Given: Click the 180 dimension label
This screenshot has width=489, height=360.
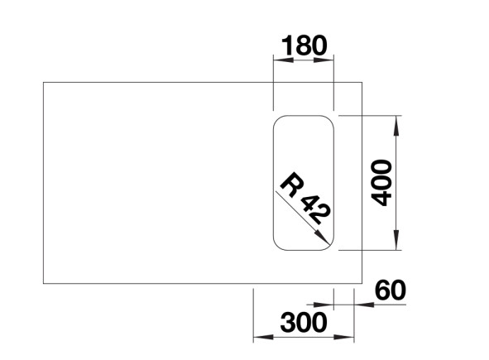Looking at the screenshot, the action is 304,46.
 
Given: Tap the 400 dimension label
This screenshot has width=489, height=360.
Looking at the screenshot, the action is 381,183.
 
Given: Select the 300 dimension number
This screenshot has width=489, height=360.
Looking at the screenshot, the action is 304,322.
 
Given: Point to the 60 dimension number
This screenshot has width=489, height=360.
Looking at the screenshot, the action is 391,290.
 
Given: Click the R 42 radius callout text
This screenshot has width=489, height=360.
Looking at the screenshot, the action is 304,199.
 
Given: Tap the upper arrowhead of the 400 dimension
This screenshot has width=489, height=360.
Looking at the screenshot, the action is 396,126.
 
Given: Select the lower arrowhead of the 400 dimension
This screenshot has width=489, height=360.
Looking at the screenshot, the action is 396,240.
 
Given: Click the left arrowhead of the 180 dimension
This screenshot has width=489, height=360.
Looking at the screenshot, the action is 284,60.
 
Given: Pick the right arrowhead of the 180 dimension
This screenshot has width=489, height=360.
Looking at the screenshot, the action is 324,60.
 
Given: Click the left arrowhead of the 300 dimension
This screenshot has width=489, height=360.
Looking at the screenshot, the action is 263,337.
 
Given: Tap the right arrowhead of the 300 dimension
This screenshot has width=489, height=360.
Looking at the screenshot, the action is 344,337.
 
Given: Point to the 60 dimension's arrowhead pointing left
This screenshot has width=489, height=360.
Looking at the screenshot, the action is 364,305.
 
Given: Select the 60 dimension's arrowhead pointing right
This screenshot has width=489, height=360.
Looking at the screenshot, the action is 324,305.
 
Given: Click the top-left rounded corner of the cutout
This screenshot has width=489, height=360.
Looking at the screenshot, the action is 277,120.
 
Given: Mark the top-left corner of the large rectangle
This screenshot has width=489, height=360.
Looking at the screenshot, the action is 43,83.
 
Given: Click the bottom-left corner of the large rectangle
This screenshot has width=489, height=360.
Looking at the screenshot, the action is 43,284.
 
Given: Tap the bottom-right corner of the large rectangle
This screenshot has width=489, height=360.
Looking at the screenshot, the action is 362,284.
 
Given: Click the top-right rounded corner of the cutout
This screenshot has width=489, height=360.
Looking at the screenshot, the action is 329,120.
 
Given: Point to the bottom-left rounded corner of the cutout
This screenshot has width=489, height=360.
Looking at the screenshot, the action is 277,246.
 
